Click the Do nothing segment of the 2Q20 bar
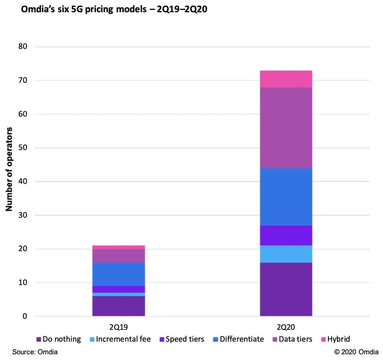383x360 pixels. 286,289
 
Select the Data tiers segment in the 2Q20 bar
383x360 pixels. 286,127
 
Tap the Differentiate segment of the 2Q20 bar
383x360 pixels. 286,197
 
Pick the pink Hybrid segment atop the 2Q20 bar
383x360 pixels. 286,79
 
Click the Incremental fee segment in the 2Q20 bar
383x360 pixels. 286,254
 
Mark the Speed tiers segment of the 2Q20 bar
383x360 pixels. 286,235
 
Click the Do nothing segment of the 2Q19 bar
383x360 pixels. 118,306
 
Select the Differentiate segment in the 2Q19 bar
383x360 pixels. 118,274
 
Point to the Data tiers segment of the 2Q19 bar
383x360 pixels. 118,256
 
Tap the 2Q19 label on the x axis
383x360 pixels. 118,327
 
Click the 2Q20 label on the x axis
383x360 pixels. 286,327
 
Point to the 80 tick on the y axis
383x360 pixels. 23,47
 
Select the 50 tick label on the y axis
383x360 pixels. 23,148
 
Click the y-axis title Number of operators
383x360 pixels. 9,169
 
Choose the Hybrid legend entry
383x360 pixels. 335,339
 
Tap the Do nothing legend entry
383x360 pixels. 59,339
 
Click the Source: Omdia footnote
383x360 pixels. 35,352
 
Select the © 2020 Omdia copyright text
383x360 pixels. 356,352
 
